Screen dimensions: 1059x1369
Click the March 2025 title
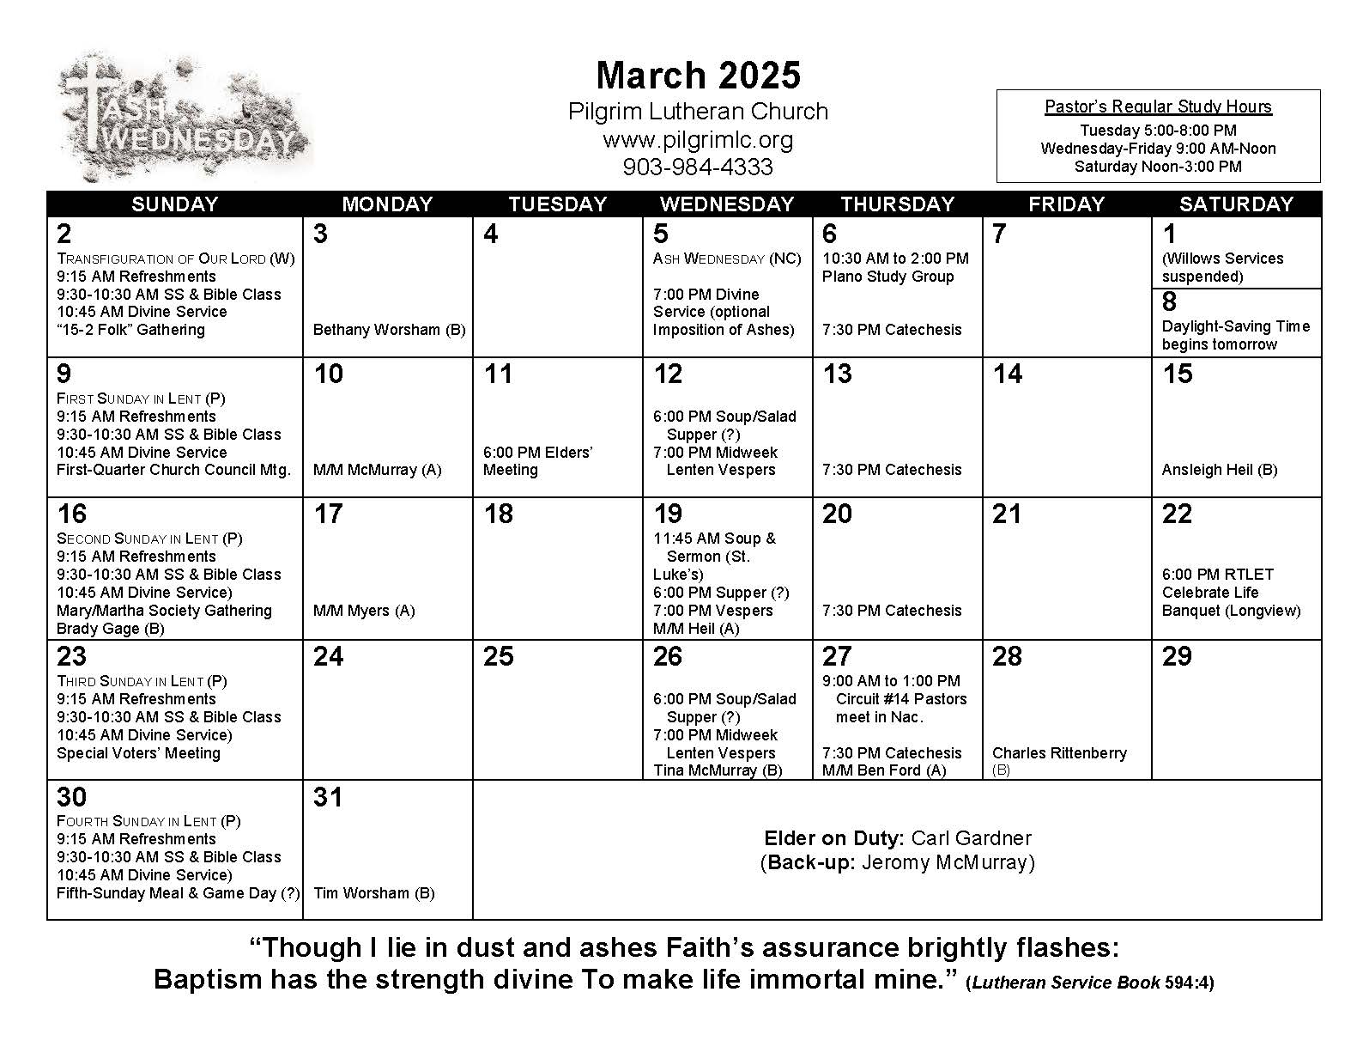point(698,76)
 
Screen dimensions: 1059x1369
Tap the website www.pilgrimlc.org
point(698,139)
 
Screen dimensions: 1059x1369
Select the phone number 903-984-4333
point(698,167)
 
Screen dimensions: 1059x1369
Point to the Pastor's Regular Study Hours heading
point(1158,107)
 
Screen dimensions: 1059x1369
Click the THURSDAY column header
point(897,204)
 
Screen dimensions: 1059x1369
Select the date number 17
point(328,514)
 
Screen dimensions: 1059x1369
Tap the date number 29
point(1177,657)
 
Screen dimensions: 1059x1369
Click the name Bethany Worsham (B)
point(389,330)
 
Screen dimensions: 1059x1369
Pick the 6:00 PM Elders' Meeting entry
point(537,461)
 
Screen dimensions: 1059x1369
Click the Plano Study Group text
point(887,277)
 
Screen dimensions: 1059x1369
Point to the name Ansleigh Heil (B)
point(1219,470)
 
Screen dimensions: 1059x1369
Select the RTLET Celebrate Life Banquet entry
point(1231,593)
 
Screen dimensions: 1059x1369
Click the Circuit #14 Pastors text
point(901,699)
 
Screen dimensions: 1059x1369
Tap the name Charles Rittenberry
point(1059,753)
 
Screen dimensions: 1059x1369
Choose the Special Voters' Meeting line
point(138,753)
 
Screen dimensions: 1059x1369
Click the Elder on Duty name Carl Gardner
point(971,838)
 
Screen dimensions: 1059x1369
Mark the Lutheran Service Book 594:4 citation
point(1089,983)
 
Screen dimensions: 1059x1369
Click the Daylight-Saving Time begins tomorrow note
point(1235,335)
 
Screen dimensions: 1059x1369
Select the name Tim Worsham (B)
point(374,893)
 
